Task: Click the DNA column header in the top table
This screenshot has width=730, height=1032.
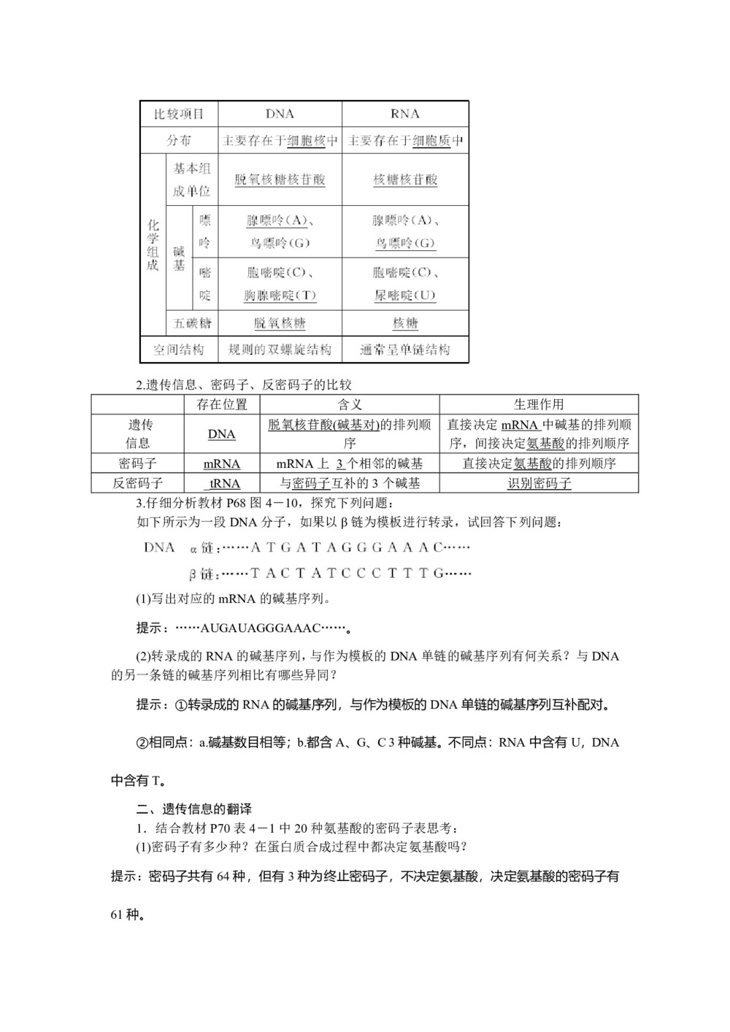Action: [x=280, y=114]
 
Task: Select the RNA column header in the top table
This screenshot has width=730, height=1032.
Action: [x=405, y=114]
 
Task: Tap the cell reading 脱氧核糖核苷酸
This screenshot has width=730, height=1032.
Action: [x=280, y=180]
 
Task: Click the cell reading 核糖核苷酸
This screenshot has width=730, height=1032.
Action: [x=405, y=180]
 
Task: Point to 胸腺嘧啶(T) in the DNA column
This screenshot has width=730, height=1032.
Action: [x=280, y=296]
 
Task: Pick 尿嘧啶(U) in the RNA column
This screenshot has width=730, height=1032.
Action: [x=405, y=296]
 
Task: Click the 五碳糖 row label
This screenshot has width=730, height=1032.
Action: [x=193, y=323]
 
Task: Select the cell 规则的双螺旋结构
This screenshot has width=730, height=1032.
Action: [x=280, y=350]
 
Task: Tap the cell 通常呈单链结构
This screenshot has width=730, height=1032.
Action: [x=405, y=350]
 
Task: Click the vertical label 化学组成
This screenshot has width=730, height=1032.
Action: [x=153, y=245]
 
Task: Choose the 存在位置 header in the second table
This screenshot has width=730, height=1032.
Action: [x=222, y=404]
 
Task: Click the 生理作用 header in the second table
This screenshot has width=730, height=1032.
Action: [x=539, y=404]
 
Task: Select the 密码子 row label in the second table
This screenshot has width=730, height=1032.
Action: [x=137, y=463]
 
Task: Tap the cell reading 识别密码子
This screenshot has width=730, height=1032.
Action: [x=539, y=483]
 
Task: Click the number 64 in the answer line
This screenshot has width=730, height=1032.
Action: [x=223, y=876]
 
